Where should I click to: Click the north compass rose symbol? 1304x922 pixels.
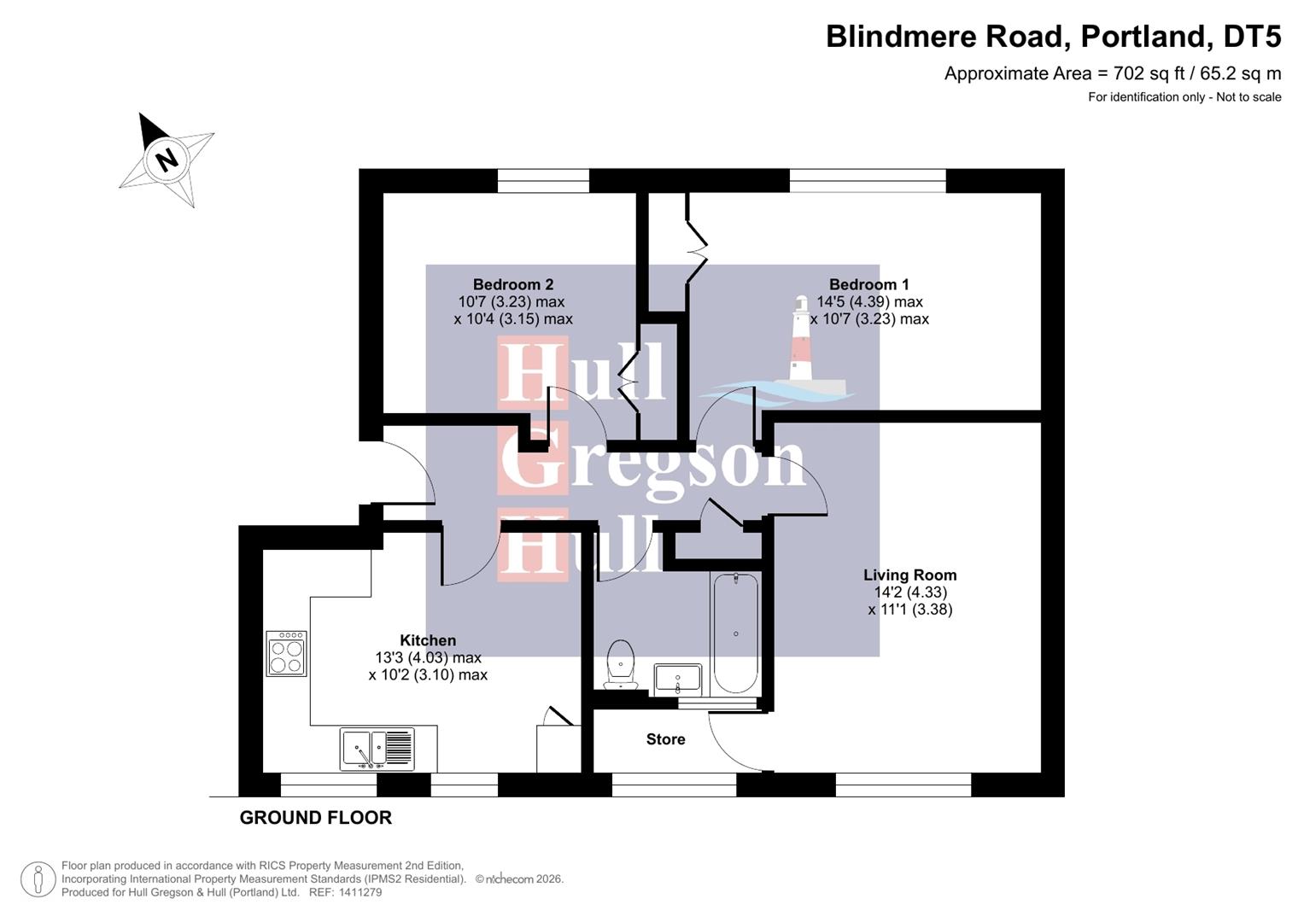pyautogui.click(x=167, y=160)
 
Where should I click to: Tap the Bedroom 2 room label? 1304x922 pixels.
pyautogui.click(x=513, y=284)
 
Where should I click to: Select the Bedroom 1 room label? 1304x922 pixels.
pyautogui.click(x=868, y=284)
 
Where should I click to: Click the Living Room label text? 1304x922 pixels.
pyautogui.click(x=909, y=575)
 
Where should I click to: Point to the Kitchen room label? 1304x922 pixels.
pyautogui.click(x=428, y=640)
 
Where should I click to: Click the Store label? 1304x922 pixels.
pyautogui.click(x=665, y=739)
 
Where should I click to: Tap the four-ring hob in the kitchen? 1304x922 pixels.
pyautogui.click(x=286, y=654)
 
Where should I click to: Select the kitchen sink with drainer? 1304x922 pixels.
pyautogui.click(x=377, y=749)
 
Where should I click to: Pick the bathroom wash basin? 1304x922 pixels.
pyautogui.click(x=678, y=680)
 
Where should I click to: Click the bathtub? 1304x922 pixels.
pyautogui.click(x=735, y=633)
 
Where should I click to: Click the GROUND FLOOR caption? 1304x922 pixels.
pyautogui.click(x=315, y=818)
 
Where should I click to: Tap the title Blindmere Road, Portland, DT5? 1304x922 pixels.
pyautogui.click(x=1053, y=37)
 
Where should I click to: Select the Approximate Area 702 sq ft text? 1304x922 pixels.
pyautogui.click(x=1112, y=73)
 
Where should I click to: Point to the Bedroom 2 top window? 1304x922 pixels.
pyautogui.click(x=543, y=180)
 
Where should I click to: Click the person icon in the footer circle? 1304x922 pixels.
pyautogui.click(x=38, y=879)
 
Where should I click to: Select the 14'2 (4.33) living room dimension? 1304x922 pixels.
pyautogui.click(x=909, y=592)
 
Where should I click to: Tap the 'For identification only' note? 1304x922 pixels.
pyautogui.click(x=1184, y=97)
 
